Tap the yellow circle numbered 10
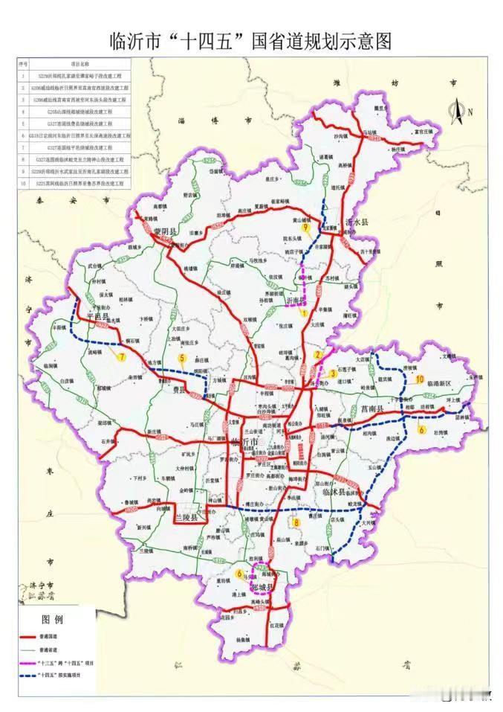pyautogui.click(x=420, y=379)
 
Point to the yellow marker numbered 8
pyautogui.click(x=296, y=523)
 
